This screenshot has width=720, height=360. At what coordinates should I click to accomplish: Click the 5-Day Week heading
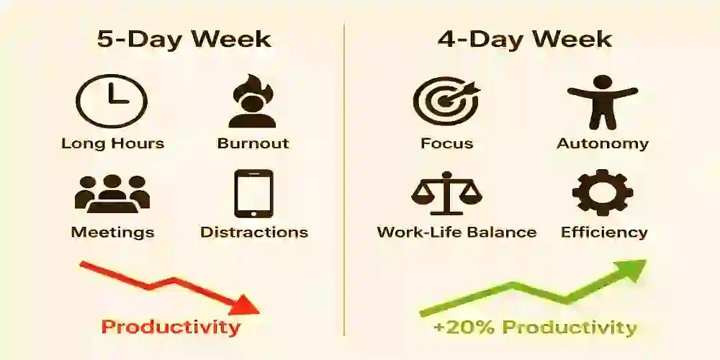184,40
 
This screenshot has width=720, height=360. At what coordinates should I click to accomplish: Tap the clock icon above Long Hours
112,102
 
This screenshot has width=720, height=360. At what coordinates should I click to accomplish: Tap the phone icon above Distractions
253,193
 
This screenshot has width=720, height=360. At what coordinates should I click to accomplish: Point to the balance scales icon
446,194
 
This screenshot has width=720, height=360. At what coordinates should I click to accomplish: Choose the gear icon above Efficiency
603,192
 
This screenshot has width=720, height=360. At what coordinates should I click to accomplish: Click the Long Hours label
112,143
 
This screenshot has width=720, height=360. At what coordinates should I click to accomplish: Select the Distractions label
253,233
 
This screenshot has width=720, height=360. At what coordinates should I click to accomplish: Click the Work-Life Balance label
456,233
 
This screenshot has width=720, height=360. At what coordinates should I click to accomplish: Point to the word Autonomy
603,143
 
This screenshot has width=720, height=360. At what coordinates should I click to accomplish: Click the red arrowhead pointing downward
246,305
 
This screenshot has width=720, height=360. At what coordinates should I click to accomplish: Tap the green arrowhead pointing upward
631,270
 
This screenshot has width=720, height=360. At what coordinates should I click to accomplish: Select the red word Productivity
170,328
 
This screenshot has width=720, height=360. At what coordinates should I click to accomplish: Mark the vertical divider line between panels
344,180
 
